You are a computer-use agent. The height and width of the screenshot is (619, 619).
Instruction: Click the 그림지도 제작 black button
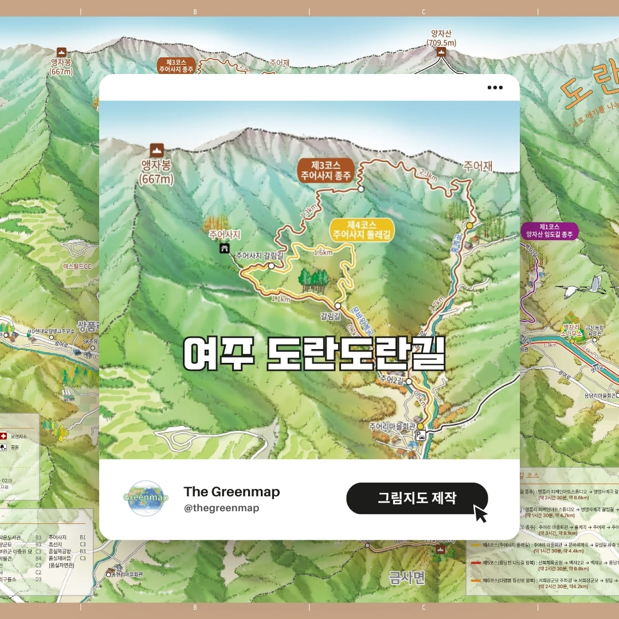point(417,498)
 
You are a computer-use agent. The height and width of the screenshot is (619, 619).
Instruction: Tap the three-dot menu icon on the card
point(495,88)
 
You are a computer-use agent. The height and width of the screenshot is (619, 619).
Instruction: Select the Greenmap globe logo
point(146,498)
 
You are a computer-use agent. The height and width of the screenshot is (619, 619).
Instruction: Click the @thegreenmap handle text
point(221,508)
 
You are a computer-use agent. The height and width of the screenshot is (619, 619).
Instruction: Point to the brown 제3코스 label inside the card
point(324,171)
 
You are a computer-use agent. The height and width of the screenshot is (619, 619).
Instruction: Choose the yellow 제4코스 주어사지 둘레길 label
point(362,230)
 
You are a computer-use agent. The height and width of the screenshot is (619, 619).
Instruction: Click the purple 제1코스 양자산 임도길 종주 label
point(549,231)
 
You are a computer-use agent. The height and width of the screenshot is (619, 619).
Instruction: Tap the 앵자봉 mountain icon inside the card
point(156,151)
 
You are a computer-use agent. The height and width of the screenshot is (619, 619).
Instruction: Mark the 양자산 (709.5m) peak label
point(441,38)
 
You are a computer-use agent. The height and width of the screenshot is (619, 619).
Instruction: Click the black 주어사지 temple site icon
point(225,248)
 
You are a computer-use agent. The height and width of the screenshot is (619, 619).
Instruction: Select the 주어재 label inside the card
point(478,167)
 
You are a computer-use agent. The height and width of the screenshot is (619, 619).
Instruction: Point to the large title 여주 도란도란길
point(314,354)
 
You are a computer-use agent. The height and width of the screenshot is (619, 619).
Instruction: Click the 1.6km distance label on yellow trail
point(323,252)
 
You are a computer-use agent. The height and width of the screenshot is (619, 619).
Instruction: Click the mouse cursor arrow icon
point(480,513)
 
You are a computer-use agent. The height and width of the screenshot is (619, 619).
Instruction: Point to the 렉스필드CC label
point(77,266)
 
